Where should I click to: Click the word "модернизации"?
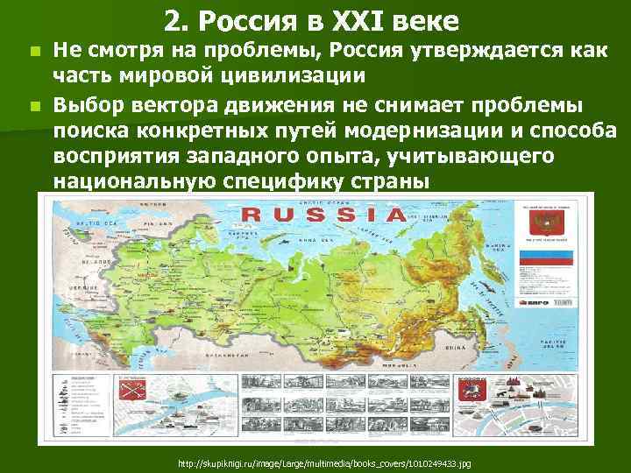pyautogui.click(x=411, y=132)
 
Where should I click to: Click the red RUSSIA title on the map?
pyautogui.click(x=323, y=215)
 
